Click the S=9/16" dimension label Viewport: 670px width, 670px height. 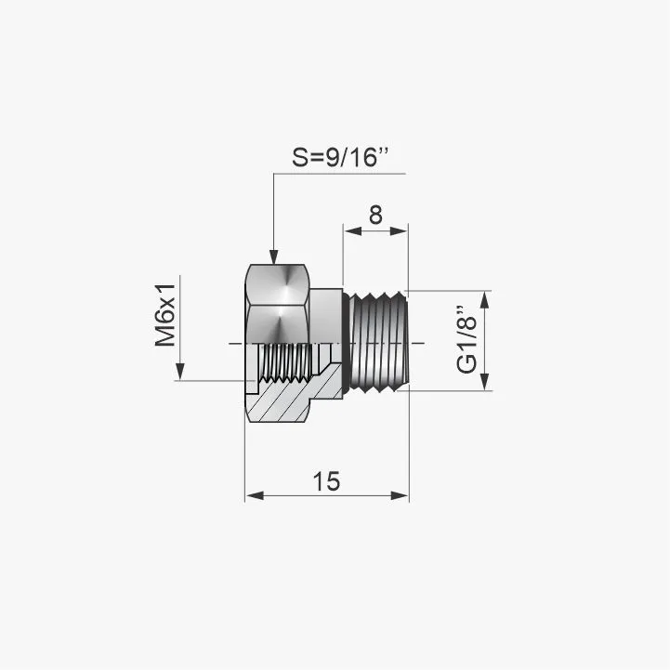[x=340, y=157]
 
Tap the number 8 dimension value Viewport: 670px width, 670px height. [x=375, y=215]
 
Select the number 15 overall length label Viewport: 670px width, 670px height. [x=326, y=481]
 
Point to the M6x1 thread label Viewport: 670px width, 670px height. [x=165, y=315]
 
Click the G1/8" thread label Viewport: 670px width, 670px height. [x=466, y=340]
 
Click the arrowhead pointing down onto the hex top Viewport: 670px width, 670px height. [x=273, y=256]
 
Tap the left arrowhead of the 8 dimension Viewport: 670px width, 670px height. [x=353, y=231]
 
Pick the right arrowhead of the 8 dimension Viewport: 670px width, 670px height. [x=399, y=231]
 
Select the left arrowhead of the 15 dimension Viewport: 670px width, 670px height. [x=255, y=495]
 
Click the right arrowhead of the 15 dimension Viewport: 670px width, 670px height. [x=400, y=495]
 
